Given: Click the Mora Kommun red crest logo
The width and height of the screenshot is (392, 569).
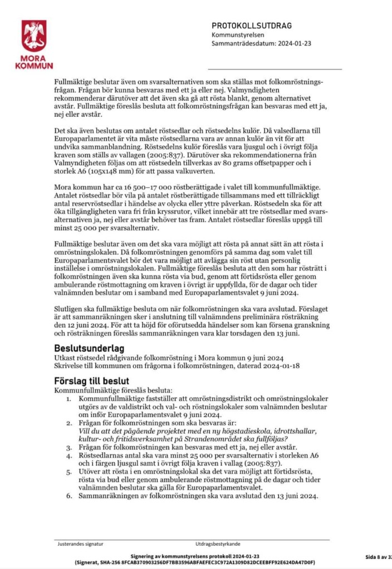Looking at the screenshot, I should pyautogui.click(x=34, y=36).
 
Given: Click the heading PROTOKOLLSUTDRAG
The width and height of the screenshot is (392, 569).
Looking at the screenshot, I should pyautogui.click(x=251, y=26).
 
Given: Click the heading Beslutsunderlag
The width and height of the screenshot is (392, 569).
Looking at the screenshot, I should pyautogui.click(x=89, y=348).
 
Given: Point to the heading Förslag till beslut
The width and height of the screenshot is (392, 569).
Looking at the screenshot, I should pyautogui.click(x=92, y=381).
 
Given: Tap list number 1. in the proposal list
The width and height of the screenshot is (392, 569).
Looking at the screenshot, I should pyautogui.click(x=68, y=399).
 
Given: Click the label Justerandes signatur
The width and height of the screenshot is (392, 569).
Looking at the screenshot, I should pyautogui.click(x=81, y=544).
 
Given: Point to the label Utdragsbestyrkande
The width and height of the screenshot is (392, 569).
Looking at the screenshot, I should pyautogui.click(x=218, y=544).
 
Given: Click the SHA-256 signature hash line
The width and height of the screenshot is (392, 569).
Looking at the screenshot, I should pyautogui.click(x=195, y=562).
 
